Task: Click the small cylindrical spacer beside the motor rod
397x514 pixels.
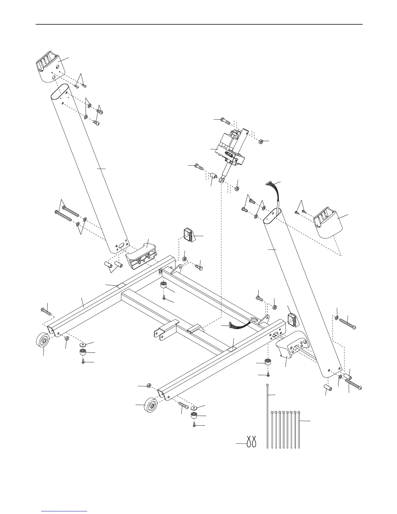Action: pos(214,177)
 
